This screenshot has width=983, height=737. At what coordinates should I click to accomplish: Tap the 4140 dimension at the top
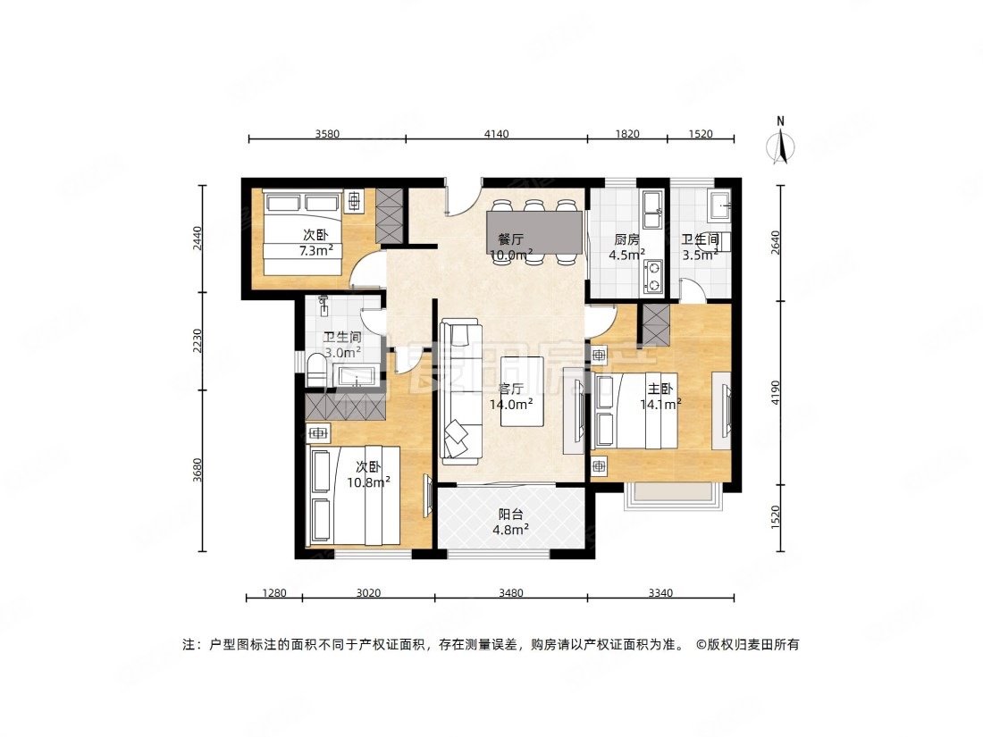point(496,134)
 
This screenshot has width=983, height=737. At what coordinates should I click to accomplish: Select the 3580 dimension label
point(327,134)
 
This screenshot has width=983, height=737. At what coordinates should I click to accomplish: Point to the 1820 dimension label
point(627,134)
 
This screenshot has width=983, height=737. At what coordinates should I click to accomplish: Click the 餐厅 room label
point(510,239)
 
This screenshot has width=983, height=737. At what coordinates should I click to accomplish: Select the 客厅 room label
point(510,389)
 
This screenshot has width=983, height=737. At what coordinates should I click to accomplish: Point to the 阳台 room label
point(510,515)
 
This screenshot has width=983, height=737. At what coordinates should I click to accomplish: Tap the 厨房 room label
point(626,239)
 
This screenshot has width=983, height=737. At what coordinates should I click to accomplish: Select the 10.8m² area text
point(368,482)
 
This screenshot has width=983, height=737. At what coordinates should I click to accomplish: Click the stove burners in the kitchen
point(651,276)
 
